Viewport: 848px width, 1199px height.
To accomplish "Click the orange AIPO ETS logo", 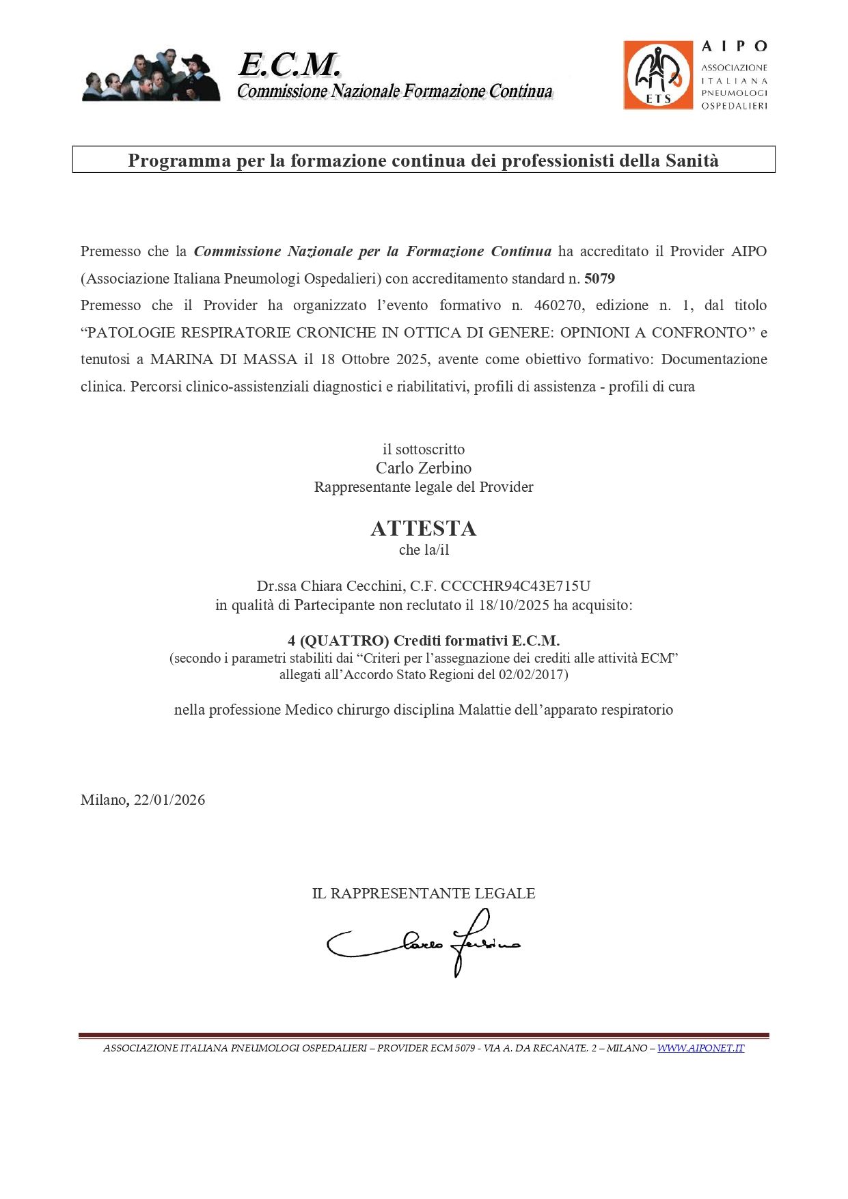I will (x=658, y=74).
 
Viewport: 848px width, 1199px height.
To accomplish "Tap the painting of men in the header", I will (x=151, y=76).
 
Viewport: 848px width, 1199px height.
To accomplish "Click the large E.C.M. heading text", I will (x=289, y=66).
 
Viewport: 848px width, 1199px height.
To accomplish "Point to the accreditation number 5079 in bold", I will (x=599, y=279).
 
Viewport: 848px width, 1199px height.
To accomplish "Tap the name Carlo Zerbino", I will (x=424, y=468).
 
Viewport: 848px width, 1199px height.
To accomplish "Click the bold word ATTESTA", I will (x=424, y=528).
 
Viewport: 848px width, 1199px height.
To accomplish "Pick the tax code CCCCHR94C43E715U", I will (x=515, y=586).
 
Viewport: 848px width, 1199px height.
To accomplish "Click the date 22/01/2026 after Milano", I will (x=169, y=800).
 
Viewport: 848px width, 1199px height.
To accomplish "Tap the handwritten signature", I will (x=424, y=943).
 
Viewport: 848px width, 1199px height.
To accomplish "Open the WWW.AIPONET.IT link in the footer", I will (x=700, y=1049).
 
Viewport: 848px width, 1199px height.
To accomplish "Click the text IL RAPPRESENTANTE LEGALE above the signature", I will (x=424, y=894).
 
